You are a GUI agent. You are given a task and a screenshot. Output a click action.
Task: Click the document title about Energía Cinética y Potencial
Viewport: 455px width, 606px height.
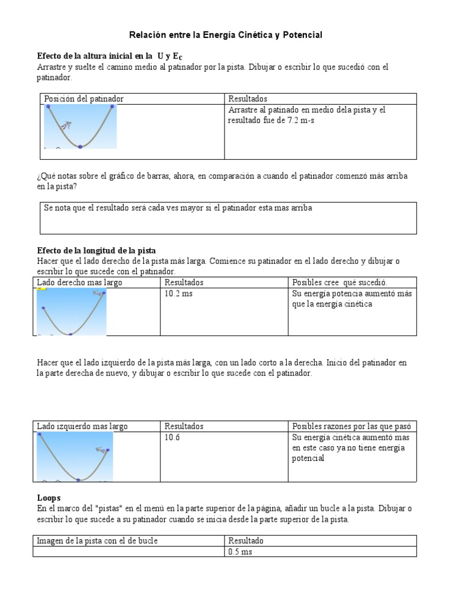tap(226, 36)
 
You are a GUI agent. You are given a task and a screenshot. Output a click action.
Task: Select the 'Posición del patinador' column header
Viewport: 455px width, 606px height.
tap(84, 99)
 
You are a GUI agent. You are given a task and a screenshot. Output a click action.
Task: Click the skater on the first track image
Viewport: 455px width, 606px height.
tap(69, 125)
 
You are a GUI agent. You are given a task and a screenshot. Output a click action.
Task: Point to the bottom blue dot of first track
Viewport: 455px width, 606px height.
tap(80, 146)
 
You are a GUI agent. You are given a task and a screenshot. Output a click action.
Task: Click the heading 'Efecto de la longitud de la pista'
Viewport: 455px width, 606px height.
tap(97, 250)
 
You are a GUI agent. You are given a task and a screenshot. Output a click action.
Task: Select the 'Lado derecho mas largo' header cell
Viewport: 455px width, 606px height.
tap(79, 283)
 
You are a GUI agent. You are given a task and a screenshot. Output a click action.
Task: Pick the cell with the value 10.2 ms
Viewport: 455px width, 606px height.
tap(178, 294)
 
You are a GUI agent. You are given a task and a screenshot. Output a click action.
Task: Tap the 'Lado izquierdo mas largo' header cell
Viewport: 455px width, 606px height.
tap(82, 427)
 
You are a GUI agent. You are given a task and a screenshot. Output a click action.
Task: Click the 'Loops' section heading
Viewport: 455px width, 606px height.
tap(49, 498)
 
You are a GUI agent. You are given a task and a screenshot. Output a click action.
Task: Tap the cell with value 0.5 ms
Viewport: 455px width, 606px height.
tap(240, 552)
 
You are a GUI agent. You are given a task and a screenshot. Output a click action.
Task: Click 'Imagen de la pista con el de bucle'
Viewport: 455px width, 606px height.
tap(97, 541)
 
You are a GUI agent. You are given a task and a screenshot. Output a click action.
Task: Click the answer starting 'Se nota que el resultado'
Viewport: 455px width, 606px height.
tap(178, 208)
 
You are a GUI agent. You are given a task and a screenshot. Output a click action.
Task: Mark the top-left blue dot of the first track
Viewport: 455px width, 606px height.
tap(48, 107)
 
